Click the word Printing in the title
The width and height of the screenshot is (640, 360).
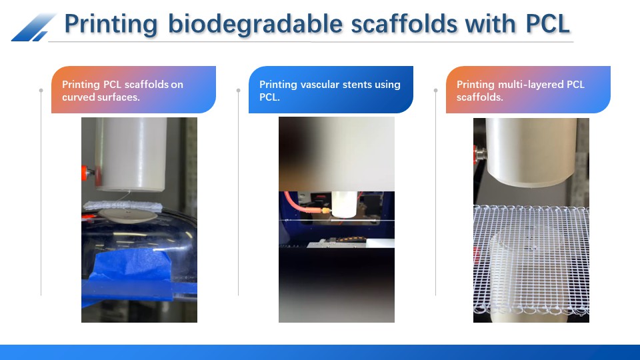pos(111,25)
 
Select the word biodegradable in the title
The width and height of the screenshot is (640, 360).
pos(255,24)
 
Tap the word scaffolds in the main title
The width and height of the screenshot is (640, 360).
pos(404,23)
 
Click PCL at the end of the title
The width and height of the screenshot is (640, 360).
pos(548,24)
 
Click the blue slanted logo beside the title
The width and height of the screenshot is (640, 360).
pos(33,27)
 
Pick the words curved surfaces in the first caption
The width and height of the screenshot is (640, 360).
pos(101,97)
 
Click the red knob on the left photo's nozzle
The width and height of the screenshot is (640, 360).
pos(85,173)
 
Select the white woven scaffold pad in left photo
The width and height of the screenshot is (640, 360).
pos(123,205)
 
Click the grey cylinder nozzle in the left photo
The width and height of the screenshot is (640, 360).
pos(131,154)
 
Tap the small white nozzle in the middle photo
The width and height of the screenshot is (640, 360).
pos(345,204)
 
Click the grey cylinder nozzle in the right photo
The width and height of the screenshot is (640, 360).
pos(531,152)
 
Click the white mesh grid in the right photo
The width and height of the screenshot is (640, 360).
pos(531,261)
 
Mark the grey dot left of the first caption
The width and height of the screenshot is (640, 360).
pos(41,90)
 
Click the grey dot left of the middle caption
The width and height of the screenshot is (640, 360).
pos(239,90)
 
